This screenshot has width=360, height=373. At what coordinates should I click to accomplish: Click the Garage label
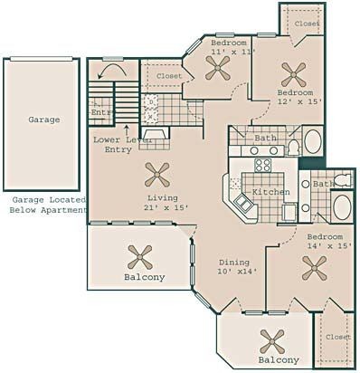coord(44,120)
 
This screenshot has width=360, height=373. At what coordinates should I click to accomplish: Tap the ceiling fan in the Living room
coord(157,175)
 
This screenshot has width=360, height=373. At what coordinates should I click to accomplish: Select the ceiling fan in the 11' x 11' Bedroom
coord(218,68)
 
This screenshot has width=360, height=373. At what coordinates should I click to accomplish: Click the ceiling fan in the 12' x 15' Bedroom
coord(294,74)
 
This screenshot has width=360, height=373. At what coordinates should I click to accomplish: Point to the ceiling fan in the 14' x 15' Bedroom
coord(315,268)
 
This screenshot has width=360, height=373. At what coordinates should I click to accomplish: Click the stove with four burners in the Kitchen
coord(262,165)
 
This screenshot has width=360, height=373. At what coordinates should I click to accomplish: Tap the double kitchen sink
coord(243,203)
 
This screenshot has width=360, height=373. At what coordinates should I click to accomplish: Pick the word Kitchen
coord(271,192)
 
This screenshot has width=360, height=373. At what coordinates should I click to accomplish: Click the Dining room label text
coord(234,263)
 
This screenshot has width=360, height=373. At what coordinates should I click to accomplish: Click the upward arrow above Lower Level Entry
coord(127,130)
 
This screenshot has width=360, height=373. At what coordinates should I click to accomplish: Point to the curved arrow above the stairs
coord(113,71)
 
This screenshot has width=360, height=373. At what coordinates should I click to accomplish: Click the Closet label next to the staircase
coord(169,76)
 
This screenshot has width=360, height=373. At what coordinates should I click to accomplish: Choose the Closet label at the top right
coord(308,24)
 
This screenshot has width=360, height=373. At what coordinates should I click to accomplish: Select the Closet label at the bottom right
coord(338,337)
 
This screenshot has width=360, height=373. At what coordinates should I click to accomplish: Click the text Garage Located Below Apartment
coord(48,205)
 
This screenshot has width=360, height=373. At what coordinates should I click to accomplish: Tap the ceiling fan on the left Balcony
coord(140,257)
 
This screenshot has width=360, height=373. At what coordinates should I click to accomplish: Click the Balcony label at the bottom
coord(279,360)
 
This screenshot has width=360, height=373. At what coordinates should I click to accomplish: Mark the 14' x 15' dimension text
coord(329,246)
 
